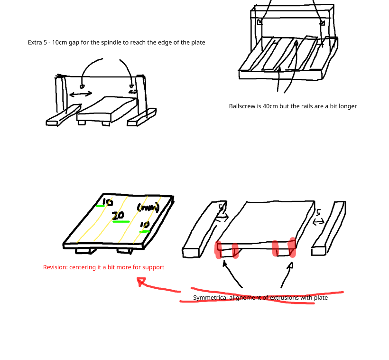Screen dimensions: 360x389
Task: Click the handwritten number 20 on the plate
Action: (118, 215)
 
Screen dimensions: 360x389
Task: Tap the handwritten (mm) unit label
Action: (147, 208)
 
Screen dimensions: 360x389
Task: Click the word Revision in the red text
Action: (55, 267)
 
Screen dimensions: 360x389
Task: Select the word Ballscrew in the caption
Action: (242, 106)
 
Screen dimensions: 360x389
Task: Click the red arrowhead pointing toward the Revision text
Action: (141, 282)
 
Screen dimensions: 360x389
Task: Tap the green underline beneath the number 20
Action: (121, 221)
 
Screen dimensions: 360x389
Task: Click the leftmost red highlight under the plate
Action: (218, 250)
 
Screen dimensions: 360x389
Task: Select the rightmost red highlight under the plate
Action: (293, 247)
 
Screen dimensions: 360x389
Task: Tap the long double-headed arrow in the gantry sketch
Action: (81, 95)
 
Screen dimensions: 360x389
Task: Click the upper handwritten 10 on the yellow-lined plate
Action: (107, 202)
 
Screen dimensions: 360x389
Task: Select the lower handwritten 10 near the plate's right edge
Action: (144, 225)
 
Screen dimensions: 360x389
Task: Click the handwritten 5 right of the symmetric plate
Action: (319, 213)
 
